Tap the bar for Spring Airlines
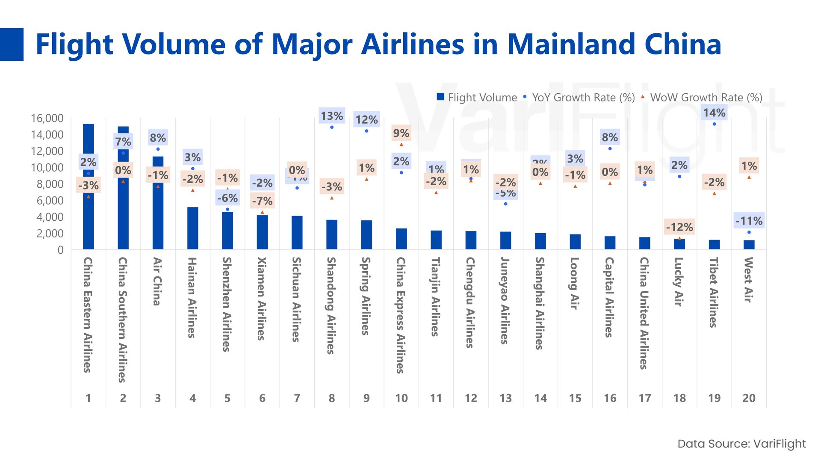[x=366, y=235]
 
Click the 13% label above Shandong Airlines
[x=332, y=116]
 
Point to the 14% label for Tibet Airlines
[x=714, y=113]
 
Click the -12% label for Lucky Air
[x=679, y=227]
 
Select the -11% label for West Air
[x=749, y=221]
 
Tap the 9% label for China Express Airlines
[x=401, y=133]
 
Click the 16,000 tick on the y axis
[x=47, y=118]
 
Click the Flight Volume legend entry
[x=476, y=98]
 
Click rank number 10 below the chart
[x=401, y=398]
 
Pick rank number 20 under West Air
[x=749, y=398]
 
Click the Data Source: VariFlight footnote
[x=741, y=444]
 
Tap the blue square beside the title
[x=12, y=44]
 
